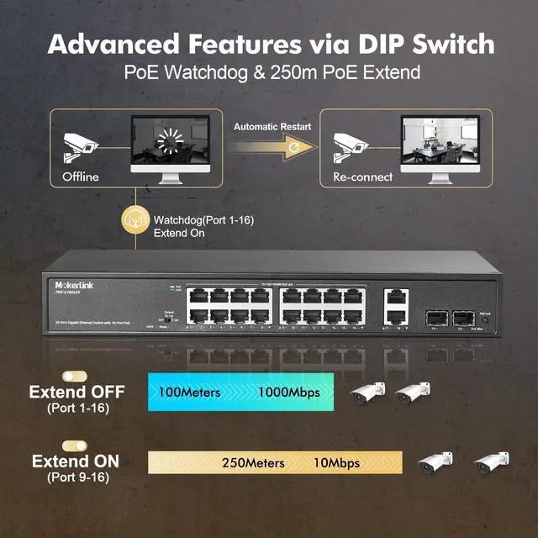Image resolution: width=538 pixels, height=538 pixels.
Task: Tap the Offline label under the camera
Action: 81,177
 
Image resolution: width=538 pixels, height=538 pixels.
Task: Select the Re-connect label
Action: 363,177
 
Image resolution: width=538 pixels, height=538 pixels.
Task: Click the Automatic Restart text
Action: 272,127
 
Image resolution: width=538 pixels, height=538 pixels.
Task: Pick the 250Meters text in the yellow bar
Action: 253,462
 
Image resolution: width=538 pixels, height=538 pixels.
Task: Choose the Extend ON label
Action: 76,461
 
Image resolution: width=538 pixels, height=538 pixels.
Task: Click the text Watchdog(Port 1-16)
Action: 203,219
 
